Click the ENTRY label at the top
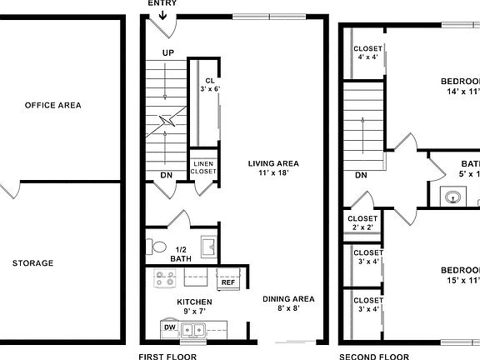162,3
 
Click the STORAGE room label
32,263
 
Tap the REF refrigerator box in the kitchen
228,282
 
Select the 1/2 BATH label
180,254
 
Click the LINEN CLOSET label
203,167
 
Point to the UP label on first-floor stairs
168,52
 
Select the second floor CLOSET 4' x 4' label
367,52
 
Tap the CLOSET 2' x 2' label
362,223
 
